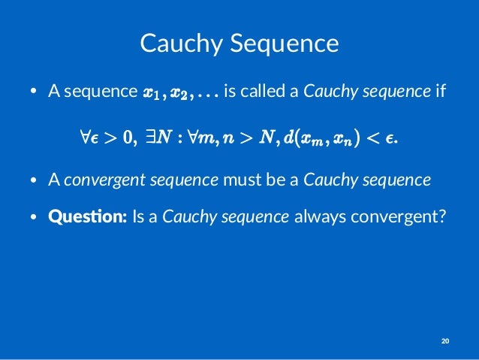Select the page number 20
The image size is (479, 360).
(445, 342)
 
